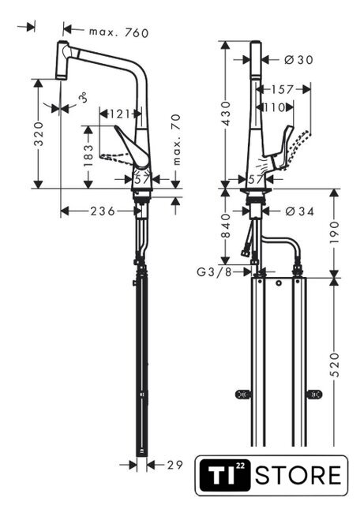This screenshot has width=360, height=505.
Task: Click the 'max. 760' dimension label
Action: tap(118, 32)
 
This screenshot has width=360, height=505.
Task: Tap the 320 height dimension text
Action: tap(39, 133)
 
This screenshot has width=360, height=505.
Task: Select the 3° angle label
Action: tap(84, 97)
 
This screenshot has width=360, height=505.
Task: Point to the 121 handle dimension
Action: tap(119, 114)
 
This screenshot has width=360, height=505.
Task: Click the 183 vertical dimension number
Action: tap(88, 155)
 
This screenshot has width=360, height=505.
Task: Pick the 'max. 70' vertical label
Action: tap(177, 140)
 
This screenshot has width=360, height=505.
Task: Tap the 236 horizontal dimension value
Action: tap(103, 211)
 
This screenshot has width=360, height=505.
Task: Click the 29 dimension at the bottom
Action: tap(174, 465)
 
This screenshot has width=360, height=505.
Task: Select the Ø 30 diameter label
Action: tap(298, 60)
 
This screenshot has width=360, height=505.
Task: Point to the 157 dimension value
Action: tap(282, 89)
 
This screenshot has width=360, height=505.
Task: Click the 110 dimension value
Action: tap(274, 107)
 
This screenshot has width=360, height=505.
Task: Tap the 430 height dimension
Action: tap(227, 114)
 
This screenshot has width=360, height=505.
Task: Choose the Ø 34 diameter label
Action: tap(300, 211)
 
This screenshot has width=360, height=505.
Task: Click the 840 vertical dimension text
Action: tap(227, 226)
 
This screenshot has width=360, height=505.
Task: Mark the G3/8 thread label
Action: tap(214, 272)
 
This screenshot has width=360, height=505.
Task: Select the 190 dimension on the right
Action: tap(335, 232)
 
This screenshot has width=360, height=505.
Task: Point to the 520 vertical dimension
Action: tap(335, 365)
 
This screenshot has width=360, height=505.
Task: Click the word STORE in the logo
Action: tap(298, 475)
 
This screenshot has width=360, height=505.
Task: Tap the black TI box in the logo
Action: tap(225, 475)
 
